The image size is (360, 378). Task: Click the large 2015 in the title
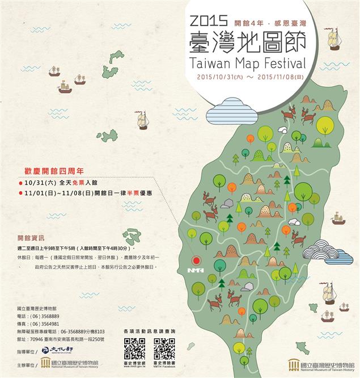coord(210,21)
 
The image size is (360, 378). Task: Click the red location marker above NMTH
coord(197,261)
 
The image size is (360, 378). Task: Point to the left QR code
coord(134,348)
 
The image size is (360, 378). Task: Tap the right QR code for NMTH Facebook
coord(164,348)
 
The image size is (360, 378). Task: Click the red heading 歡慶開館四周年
coord(54,170)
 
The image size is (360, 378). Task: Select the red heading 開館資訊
coord(31,237)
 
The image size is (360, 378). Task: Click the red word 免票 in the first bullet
coord(78,183)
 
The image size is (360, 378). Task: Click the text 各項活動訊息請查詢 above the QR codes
coord(149,330)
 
